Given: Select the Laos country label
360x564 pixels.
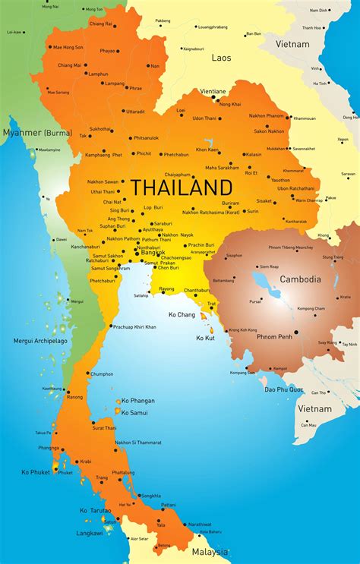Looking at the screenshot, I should (221, 57).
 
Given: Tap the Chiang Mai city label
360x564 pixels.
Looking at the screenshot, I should (70, 65).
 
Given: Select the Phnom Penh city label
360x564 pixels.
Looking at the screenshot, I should (275, 336).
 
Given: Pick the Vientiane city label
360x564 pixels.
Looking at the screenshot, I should (212, 91).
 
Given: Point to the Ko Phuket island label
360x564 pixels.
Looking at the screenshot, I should (36, 472).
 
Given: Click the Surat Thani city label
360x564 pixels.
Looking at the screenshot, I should (104, 428).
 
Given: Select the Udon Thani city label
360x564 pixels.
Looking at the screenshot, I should (204, 118).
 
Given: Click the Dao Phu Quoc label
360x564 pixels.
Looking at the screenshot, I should (284, 389).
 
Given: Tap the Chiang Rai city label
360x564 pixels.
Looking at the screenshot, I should (101, 24).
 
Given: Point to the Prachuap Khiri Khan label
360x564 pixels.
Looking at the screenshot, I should (134, 326).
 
